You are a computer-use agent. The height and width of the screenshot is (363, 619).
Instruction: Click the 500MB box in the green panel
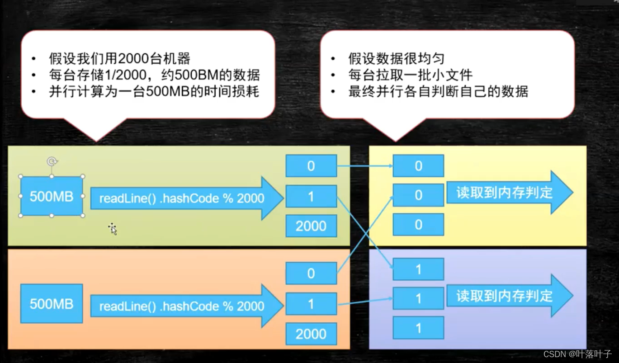52,196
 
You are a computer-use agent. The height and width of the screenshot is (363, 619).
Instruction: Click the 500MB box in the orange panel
52,303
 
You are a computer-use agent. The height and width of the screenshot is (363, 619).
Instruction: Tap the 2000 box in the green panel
311,226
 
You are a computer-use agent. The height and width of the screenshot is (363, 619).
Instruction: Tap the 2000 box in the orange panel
311,334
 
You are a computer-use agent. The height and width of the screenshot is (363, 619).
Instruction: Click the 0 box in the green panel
311,166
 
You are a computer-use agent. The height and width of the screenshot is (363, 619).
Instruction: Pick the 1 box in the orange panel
311,304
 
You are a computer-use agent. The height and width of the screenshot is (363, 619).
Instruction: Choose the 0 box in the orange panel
311,273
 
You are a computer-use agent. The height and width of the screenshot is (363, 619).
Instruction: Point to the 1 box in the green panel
311,196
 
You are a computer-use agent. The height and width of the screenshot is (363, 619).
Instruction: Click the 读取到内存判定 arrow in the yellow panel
509,193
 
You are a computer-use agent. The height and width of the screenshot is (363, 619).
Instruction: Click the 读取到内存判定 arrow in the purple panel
509,296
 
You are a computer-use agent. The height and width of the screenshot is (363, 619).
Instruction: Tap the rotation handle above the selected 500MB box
52,161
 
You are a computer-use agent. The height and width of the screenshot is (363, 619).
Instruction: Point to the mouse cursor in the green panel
113,229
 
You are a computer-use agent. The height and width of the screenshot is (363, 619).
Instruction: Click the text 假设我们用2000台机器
119,58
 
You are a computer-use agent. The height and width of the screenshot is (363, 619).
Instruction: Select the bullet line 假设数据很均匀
396,58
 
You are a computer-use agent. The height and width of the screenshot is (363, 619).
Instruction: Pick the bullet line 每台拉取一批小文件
410,75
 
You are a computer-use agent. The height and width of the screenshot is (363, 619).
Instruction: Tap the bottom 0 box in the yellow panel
418,225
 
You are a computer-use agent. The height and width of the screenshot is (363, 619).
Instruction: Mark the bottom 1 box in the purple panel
418,328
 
